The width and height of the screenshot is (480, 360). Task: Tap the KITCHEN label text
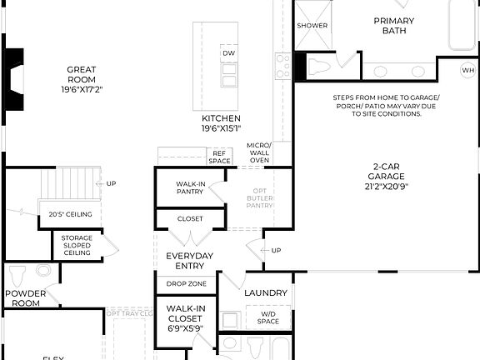point(221,118)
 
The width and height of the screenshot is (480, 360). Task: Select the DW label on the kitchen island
point(228,54)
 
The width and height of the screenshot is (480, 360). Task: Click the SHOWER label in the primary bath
point(312,26)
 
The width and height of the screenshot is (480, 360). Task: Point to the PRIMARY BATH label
point(394,26)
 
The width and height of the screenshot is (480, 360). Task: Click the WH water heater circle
point(467,71)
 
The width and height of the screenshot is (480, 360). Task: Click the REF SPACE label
point(220,157)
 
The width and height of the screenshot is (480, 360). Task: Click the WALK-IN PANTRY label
point(191,187)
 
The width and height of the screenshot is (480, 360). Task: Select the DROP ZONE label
point(187,284)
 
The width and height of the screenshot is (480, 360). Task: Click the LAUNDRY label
point(265,293)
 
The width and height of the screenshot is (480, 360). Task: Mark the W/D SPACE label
point(267,317)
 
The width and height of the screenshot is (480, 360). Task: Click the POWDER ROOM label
point(25,298)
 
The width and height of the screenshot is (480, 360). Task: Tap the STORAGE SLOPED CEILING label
point(77,246)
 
